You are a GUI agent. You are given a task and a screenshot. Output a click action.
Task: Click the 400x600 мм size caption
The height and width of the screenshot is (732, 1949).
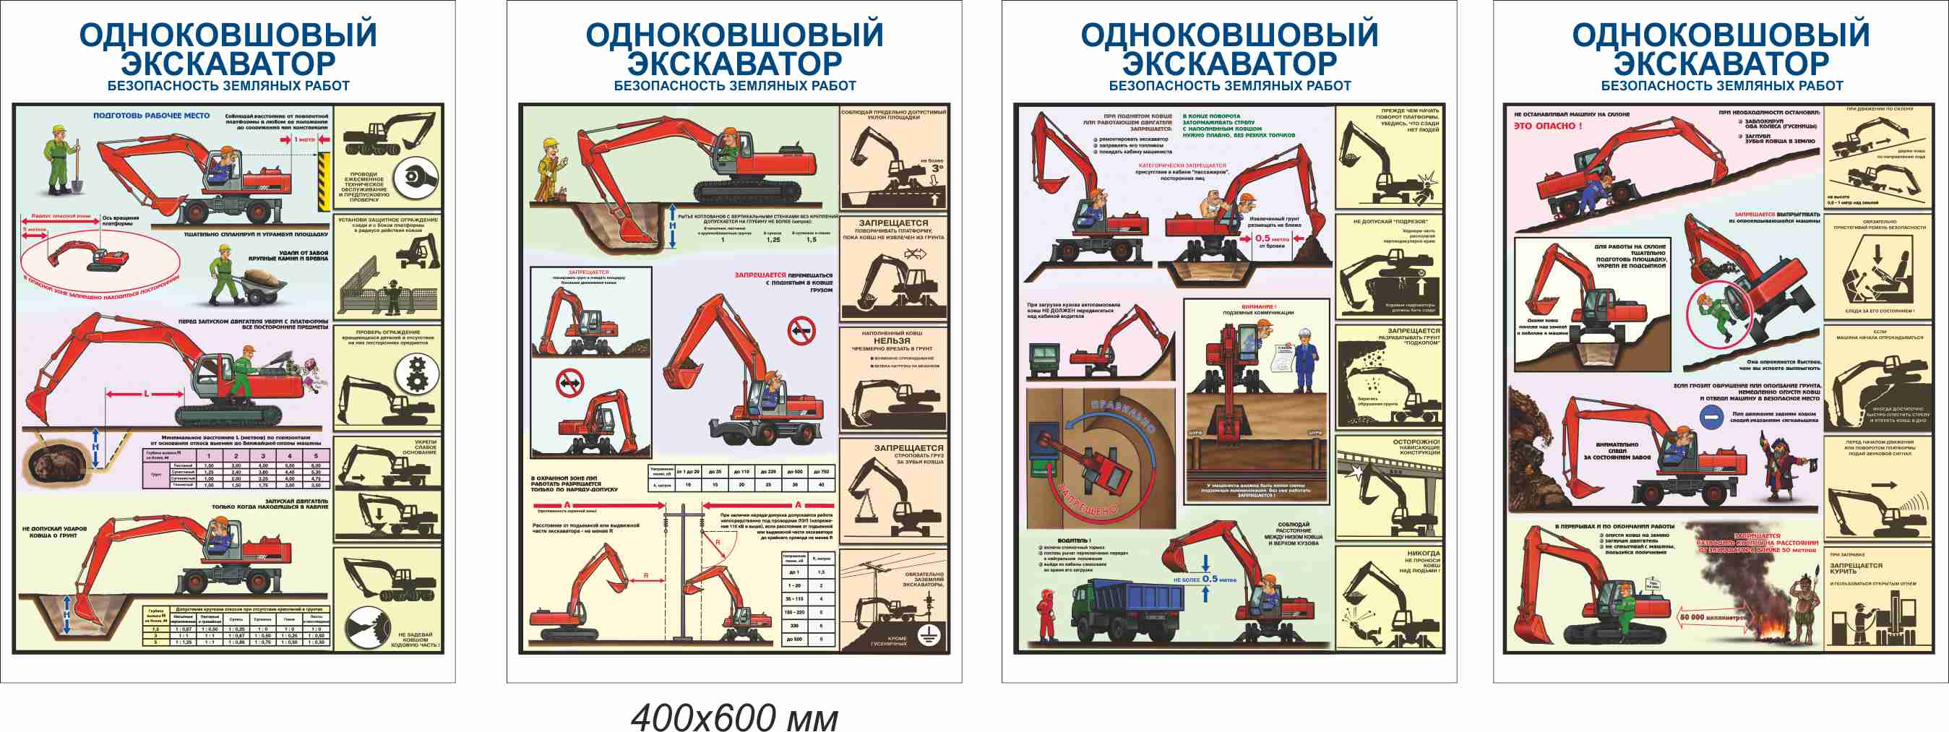click(x=734, y=718)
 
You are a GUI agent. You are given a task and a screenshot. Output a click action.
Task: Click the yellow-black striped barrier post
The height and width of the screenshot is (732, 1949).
click(x=324, y=181)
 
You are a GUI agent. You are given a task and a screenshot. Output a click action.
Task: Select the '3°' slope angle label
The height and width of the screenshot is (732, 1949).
click(x=937, y=168)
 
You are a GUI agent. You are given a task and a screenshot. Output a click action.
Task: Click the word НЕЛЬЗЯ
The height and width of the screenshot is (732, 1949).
click(x=892, y=340)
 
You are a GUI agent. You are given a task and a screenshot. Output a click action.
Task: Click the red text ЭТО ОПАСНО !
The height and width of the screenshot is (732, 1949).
click(x=1547, y=126)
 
